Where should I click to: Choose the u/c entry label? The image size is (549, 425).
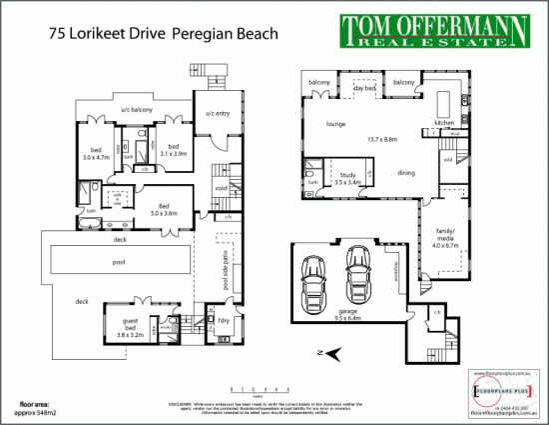(218, 114)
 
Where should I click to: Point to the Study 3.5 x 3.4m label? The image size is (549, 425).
(347, 178)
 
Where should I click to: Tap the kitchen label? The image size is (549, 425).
(444, 123)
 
